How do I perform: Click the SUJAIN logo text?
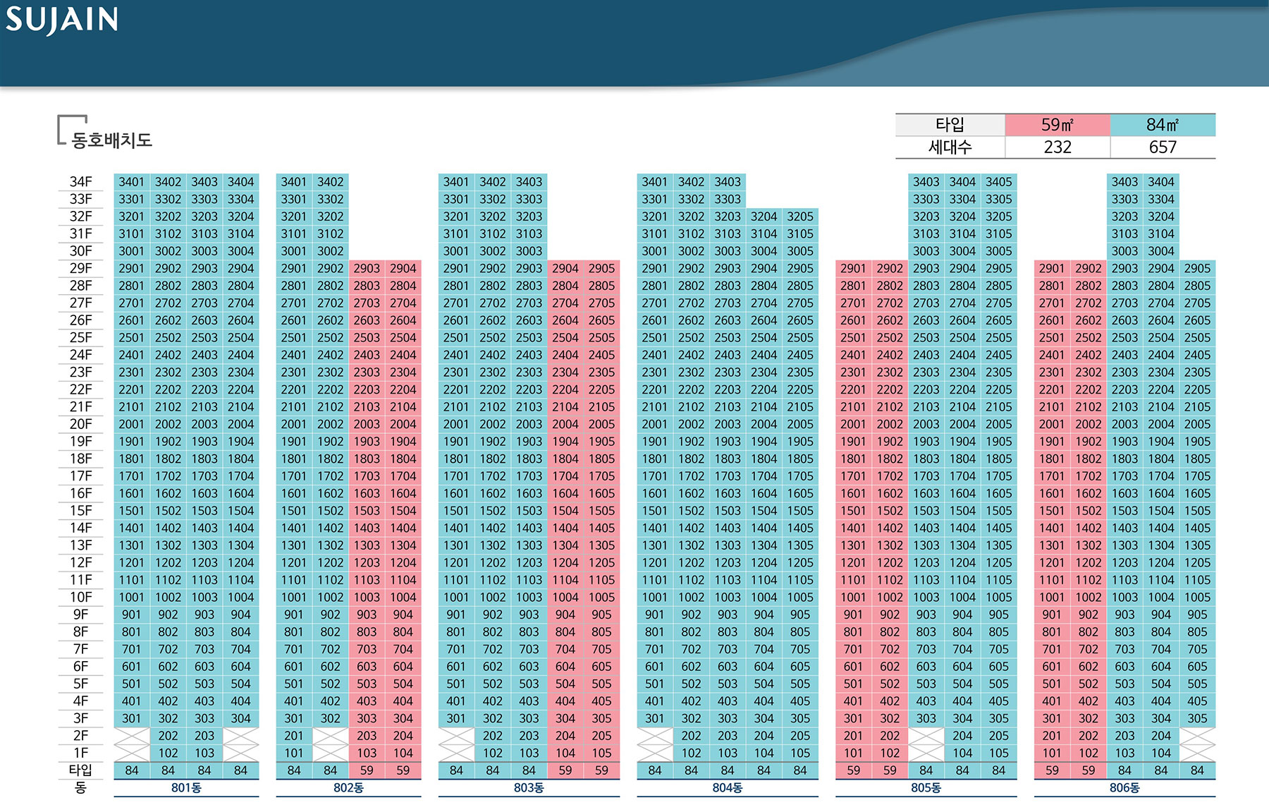[x=62, y=20]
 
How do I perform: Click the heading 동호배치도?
[x=111, y=140]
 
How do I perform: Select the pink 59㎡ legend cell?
[x=1057, y=125]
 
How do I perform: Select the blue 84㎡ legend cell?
[x=1162, y=125]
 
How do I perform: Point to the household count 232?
[x=1057, y=147]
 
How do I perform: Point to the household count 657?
[x=1162, y=147]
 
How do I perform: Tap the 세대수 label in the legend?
[x=950, y=147]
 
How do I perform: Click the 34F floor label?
[x=80, y=182]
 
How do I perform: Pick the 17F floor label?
[x=80, y=476]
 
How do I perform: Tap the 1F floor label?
[x=80, y=753]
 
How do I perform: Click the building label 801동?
[x=186, y=788]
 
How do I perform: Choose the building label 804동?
[x=727, y=788]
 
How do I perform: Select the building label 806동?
[x=1124, y=788]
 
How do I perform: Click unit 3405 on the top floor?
[x=998, y=182]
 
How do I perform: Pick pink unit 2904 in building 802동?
[x=403, y=268]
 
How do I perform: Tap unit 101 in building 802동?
[x=293, y=753]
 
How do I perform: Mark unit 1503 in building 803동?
[x=529, y=511]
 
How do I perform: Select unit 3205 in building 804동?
[x=800, y=217]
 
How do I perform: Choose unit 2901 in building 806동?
[x=1051, y=268]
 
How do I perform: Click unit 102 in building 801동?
[x=168, y=753]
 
